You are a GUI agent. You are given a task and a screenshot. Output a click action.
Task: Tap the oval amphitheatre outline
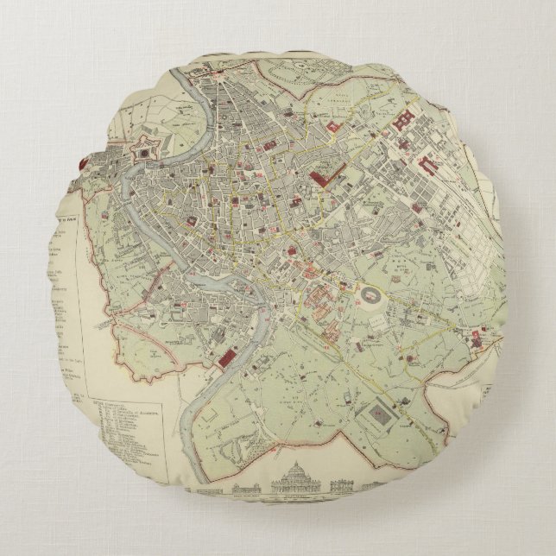point(367,297)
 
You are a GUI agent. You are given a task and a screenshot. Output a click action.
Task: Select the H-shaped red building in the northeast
point(403,123)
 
